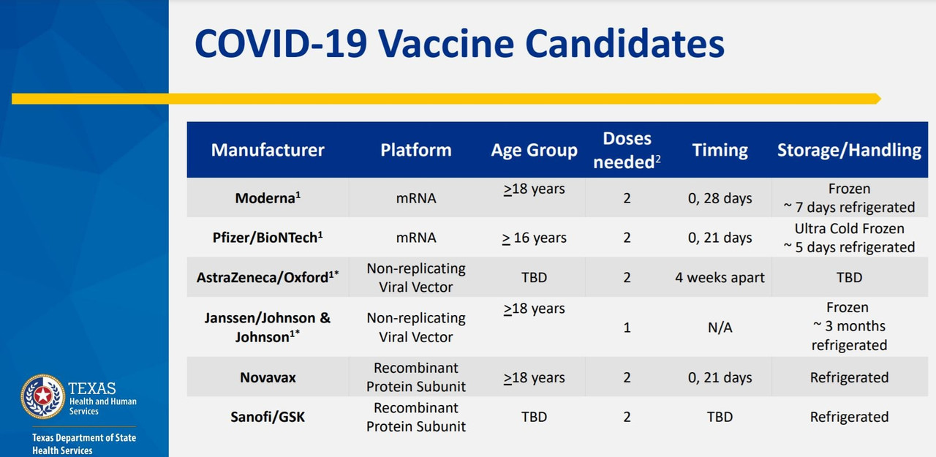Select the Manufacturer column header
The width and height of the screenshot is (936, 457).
click(268, 150)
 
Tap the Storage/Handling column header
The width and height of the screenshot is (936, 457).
click(849, 150)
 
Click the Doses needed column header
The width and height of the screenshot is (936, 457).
click(627, 150)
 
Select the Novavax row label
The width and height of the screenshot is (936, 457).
click(268, 377)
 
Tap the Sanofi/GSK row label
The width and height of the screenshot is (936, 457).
click(268, 417)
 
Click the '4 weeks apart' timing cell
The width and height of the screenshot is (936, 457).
click(720, 278)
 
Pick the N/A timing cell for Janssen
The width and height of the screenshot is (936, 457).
click(720, 328)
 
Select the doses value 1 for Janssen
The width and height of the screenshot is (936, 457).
click(627, 328)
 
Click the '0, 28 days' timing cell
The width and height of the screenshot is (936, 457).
click(720, 198)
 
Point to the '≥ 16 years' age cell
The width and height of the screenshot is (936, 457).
click(534, 238)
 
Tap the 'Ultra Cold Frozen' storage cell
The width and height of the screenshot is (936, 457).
click(849, 229)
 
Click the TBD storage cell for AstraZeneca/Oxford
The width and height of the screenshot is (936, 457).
click(849, 278)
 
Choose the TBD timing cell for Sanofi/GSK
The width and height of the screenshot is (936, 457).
click(720, 417)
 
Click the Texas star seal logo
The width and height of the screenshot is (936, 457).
click(42, 396)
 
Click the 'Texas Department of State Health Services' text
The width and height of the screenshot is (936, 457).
click(84, 444)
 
